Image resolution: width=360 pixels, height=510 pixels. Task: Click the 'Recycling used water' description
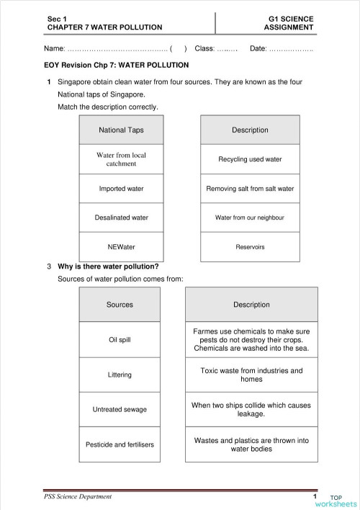[x=250, y=159]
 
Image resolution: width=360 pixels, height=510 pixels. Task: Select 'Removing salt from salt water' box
[x=250, y=189]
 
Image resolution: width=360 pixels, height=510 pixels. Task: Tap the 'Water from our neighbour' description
[x=250, y=218]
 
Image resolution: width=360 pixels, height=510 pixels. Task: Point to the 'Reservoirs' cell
[x=250, y=247]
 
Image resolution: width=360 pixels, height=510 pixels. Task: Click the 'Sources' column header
[x=120, y=305]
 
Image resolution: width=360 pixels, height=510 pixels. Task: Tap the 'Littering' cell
[x=120, y=375]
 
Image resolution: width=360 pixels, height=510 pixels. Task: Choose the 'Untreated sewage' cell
[x=120, y=409]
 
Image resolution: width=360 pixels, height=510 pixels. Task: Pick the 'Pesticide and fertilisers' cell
[x=120, y=444]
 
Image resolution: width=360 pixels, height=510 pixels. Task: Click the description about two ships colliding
[x=251, y=409]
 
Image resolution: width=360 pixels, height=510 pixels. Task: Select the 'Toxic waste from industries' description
[x=251, y=375]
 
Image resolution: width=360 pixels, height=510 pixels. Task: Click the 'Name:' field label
[x=55, y=49]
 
